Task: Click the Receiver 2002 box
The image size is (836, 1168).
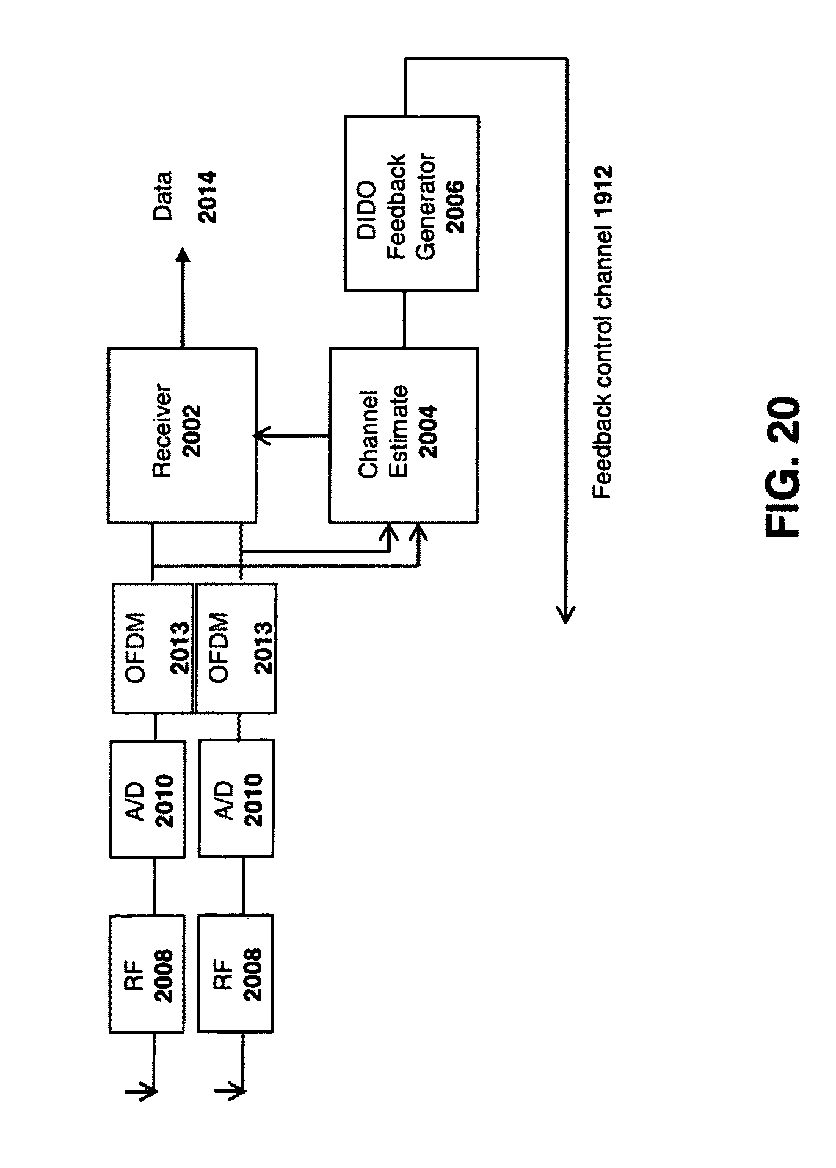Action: [182, 436]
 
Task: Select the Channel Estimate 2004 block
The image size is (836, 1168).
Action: [404, 436]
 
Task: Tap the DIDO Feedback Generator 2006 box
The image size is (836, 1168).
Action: [412, 203]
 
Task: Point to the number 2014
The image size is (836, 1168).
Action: [207, 196]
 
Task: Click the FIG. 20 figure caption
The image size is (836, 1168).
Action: [782, 467]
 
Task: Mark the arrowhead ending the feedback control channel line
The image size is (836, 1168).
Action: [565, 613]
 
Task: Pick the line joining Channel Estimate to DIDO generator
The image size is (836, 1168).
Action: [404, 320]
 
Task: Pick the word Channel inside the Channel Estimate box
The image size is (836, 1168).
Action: [369, 436]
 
